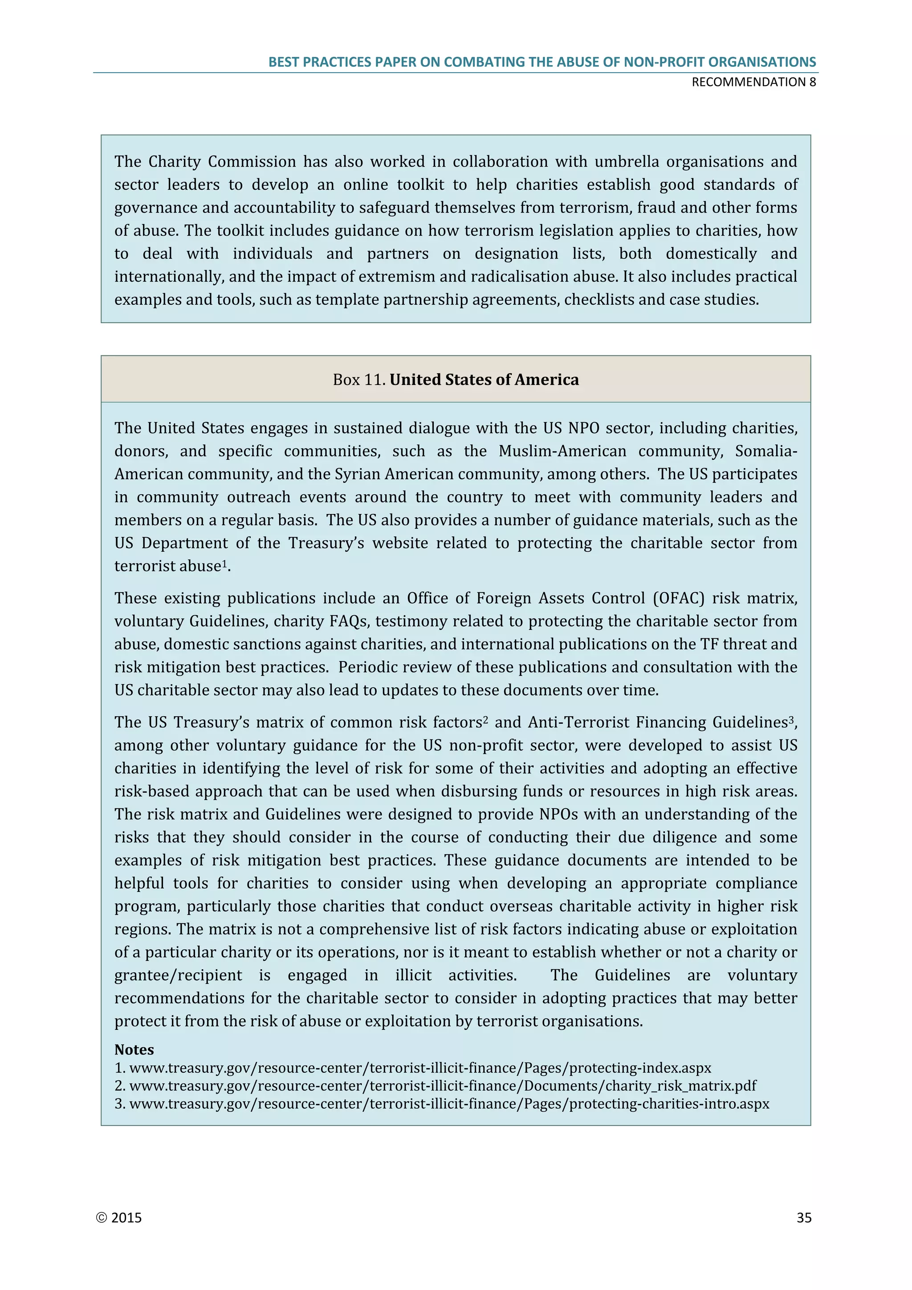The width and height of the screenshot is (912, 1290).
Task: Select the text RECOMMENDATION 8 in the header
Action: (x=753, y=82)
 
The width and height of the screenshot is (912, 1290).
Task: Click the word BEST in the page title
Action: (x=284, y=62)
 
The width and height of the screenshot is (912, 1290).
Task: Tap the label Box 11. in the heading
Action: (x=359, y=380)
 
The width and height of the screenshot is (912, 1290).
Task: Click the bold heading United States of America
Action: (x=484, y=380)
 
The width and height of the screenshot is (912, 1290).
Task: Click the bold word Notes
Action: (x=134, y=1049)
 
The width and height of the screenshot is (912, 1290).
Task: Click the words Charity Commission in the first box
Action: (x=222, y=162)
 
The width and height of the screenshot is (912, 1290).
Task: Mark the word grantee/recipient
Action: (x=178, y=976)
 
